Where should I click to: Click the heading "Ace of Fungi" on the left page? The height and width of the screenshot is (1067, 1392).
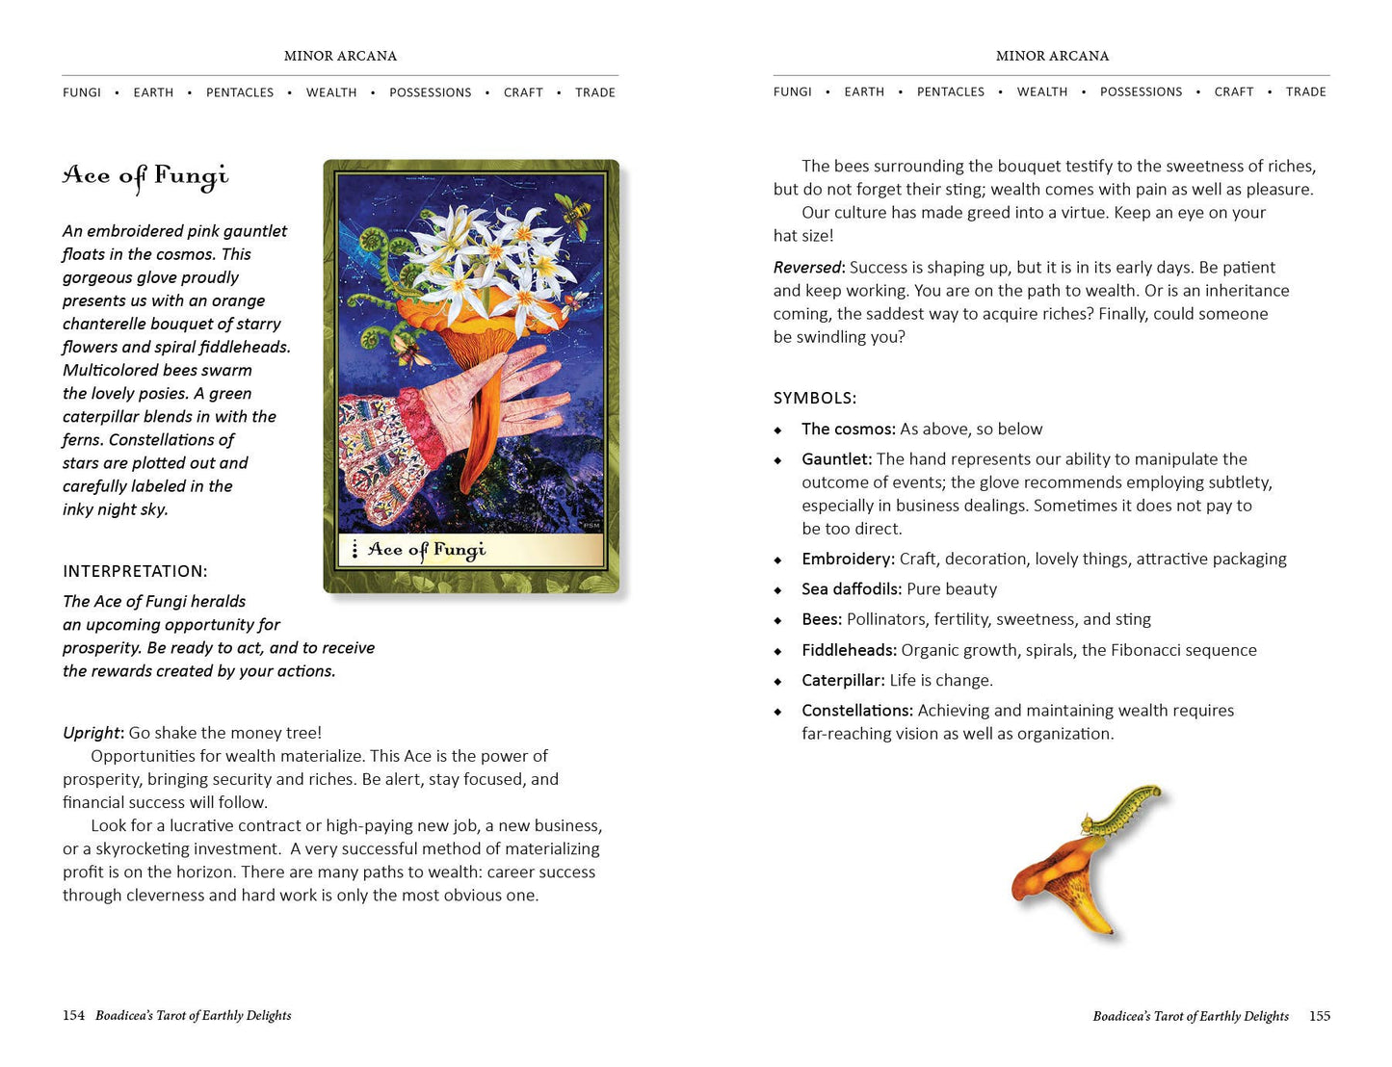coord(145,176)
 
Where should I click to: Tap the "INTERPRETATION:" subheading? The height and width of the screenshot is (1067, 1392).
coord(135,571)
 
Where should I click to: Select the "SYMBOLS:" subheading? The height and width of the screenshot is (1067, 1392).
coord(814,398)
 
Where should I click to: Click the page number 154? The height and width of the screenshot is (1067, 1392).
coord(73,1015)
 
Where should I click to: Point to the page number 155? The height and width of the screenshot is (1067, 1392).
coord(1320,1016)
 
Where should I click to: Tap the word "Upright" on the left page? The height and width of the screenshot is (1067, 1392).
coord(92,733)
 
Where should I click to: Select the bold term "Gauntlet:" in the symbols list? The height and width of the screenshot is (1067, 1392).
coord(836,459)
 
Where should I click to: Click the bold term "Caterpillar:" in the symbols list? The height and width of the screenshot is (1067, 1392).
coord(843,681)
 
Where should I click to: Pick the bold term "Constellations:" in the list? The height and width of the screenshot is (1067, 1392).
coord(857,711)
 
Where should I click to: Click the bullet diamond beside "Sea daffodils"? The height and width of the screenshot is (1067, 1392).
coord(778,589)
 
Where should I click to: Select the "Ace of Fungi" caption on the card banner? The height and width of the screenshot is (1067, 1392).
coord(426,550)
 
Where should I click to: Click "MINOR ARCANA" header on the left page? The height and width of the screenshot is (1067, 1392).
coord(340,56)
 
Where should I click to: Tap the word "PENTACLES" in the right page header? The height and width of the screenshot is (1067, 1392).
coord(950,92)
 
